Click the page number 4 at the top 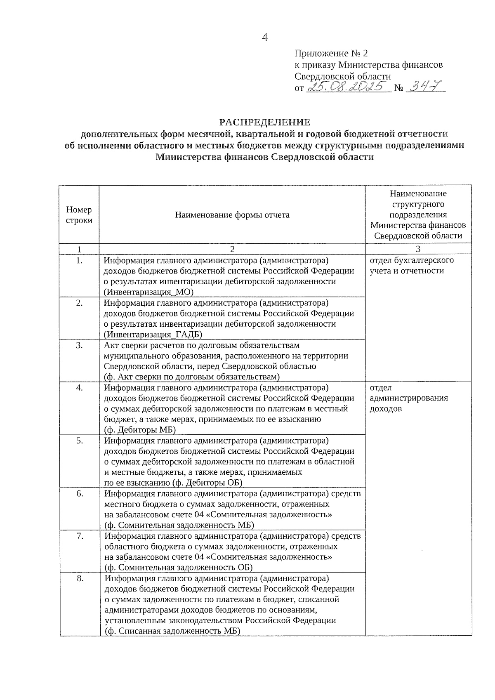click(265, 38)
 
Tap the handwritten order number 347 click(425, 86)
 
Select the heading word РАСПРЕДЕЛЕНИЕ click(264, 123)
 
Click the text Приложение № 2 click(331, 54)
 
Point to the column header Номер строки click(79, 215)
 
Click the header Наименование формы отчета click(232, 215)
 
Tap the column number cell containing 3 click(418, 249)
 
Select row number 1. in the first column click(79, 261)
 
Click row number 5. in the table click(79, 441)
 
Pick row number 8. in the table click(80, 579)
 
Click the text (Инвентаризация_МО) click(149, 292)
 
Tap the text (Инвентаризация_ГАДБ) click(153, 335)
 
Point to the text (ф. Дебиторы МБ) click(140, 430)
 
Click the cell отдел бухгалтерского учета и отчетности click(411, 266)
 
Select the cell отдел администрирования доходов click(408, 398)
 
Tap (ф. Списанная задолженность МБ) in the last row click(172, 631)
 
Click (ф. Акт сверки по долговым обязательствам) click(192, 377)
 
